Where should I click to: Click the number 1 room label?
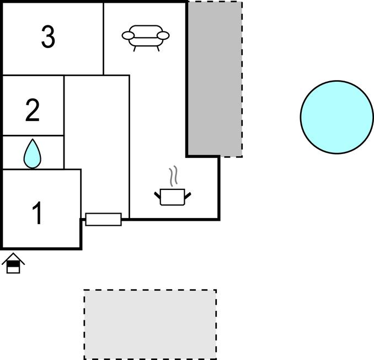(37, 213)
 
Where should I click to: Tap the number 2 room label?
(33, 110)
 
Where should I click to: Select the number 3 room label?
(48, 36)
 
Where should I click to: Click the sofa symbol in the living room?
(146, 38)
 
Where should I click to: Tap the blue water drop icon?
(32, 153)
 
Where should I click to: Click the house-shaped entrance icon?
(13, 263)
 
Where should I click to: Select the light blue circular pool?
(337, 117)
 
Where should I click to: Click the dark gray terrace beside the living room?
(215, 79)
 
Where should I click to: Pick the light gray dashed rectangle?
(150, 324)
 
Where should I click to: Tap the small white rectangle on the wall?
(104, 219)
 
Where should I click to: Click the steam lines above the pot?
(173, 176)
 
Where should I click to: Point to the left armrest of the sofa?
(128, 35)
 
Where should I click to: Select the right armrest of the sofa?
(163, 35)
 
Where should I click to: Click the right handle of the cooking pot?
(188, 196)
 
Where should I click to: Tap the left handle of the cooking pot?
(157, 195)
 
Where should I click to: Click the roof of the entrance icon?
(13, 258)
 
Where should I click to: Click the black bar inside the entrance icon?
(13, 263)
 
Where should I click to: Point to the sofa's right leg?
(158, 49)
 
